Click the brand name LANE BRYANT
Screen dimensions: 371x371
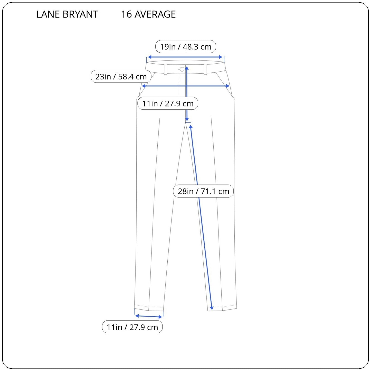67,14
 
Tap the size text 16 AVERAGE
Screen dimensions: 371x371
148,14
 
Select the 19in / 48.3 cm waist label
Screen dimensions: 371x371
185,47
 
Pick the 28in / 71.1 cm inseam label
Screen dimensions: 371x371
203,191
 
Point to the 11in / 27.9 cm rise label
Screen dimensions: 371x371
168,103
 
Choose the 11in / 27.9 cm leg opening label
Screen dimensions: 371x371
132,327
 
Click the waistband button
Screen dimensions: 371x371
182,69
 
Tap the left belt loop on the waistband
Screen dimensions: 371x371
166,69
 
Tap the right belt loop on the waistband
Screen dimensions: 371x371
205,69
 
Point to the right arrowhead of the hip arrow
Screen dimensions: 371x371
228,86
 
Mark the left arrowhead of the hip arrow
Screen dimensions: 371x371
144,86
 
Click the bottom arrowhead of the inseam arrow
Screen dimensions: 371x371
212,308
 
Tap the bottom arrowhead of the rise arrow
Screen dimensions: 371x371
187,119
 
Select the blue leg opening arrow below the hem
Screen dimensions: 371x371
149,316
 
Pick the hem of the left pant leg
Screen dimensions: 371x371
149,308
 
